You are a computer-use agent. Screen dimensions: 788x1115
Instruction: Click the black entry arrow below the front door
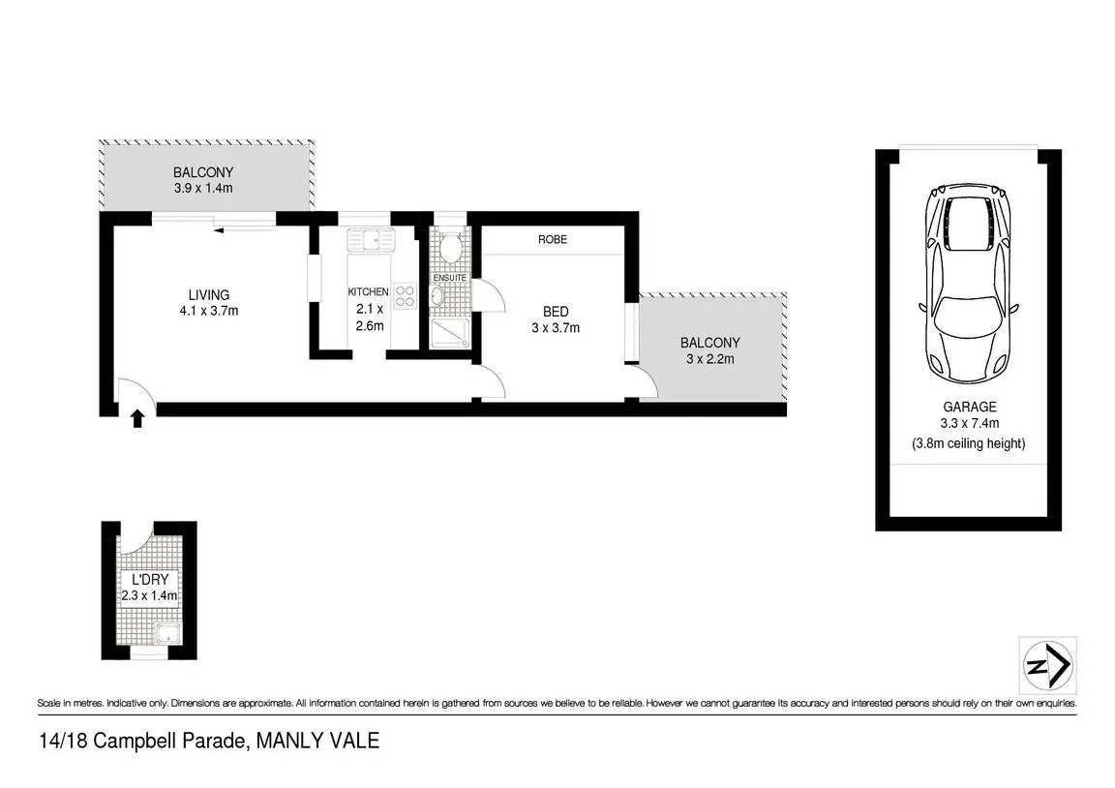tap(137, 418)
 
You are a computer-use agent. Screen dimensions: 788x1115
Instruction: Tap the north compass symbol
tap(1047, 666)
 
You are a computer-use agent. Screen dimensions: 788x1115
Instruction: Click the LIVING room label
tap(209, 295)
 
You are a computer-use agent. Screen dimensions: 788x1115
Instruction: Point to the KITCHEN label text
tap(369, 291)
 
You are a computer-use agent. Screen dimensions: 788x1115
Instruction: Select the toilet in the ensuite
tap(449, 248)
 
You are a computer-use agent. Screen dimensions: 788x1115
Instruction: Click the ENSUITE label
tap(449, 278)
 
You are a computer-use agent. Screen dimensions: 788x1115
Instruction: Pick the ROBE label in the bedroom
tap(554, 239)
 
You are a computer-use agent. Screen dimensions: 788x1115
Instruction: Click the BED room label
tap(555, 312)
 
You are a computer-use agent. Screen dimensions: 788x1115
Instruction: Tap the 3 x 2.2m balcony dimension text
tap(709, 359)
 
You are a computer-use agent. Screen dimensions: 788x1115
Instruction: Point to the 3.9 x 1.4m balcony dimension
tap(203, 189)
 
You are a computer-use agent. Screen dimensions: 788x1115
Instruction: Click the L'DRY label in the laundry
tap(149, 580)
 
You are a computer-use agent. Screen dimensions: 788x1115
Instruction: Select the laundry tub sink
tap(166, 636)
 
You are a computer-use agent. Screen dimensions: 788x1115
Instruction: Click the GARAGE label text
tap(968, 408)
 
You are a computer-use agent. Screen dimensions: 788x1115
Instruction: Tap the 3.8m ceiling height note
tap(968, 443)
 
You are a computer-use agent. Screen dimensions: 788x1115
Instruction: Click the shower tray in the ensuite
tap(449, 335)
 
